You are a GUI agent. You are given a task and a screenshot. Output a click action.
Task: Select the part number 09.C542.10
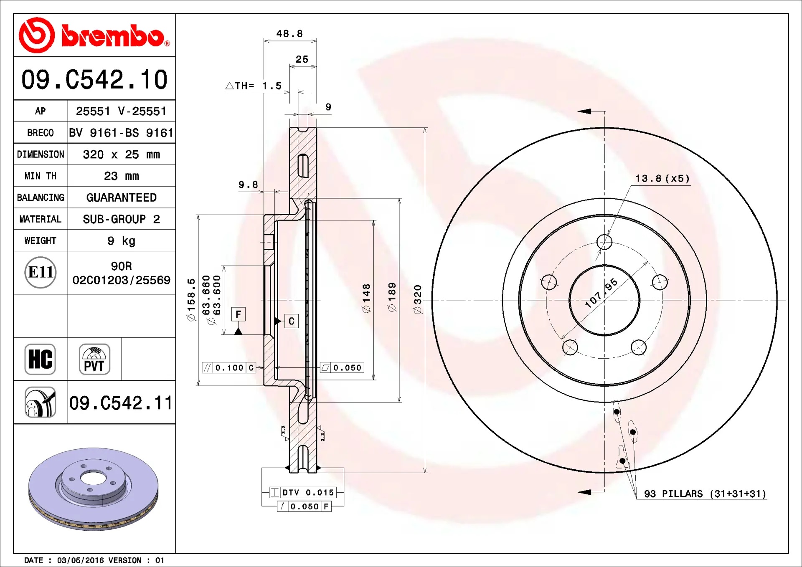94,79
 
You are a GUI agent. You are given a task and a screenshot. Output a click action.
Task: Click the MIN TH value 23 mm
122,176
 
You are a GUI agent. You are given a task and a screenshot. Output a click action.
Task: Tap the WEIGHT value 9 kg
122,241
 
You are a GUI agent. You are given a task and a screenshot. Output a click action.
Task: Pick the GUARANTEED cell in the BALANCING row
122,197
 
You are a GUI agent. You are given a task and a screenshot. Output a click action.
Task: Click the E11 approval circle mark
41,273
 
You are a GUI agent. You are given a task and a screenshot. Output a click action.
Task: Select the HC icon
40,359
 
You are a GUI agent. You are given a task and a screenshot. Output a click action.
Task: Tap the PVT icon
94,359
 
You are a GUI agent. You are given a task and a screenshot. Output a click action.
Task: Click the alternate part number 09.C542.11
121,403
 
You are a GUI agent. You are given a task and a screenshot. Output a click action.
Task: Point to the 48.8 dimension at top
289,33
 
